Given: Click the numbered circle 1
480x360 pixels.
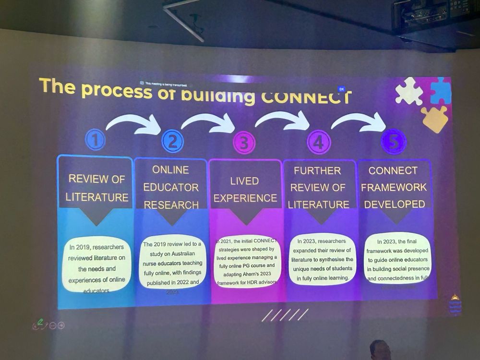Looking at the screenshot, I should point(95,140).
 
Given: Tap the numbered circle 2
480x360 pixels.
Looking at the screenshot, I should point(172,141).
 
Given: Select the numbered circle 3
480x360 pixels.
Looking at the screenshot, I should point(244,143).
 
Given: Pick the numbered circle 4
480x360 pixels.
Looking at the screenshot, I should point(318,143).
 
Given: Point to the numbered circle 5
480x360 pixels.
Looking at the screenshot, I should point(393,141).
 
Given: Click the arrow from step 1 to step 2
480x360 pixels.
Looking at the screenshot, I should point(134,123).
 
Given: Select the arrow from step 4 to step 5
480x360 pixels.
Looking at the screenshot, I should point(360,121).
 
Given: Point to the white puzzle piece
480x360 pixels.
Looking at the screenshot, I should point(408,91).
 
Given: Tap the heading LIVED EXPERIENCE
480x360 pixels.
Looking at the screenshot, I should point(245,190).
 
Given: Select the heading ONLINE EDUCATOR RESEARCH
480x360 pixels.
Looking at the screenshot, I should point(171,187).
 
